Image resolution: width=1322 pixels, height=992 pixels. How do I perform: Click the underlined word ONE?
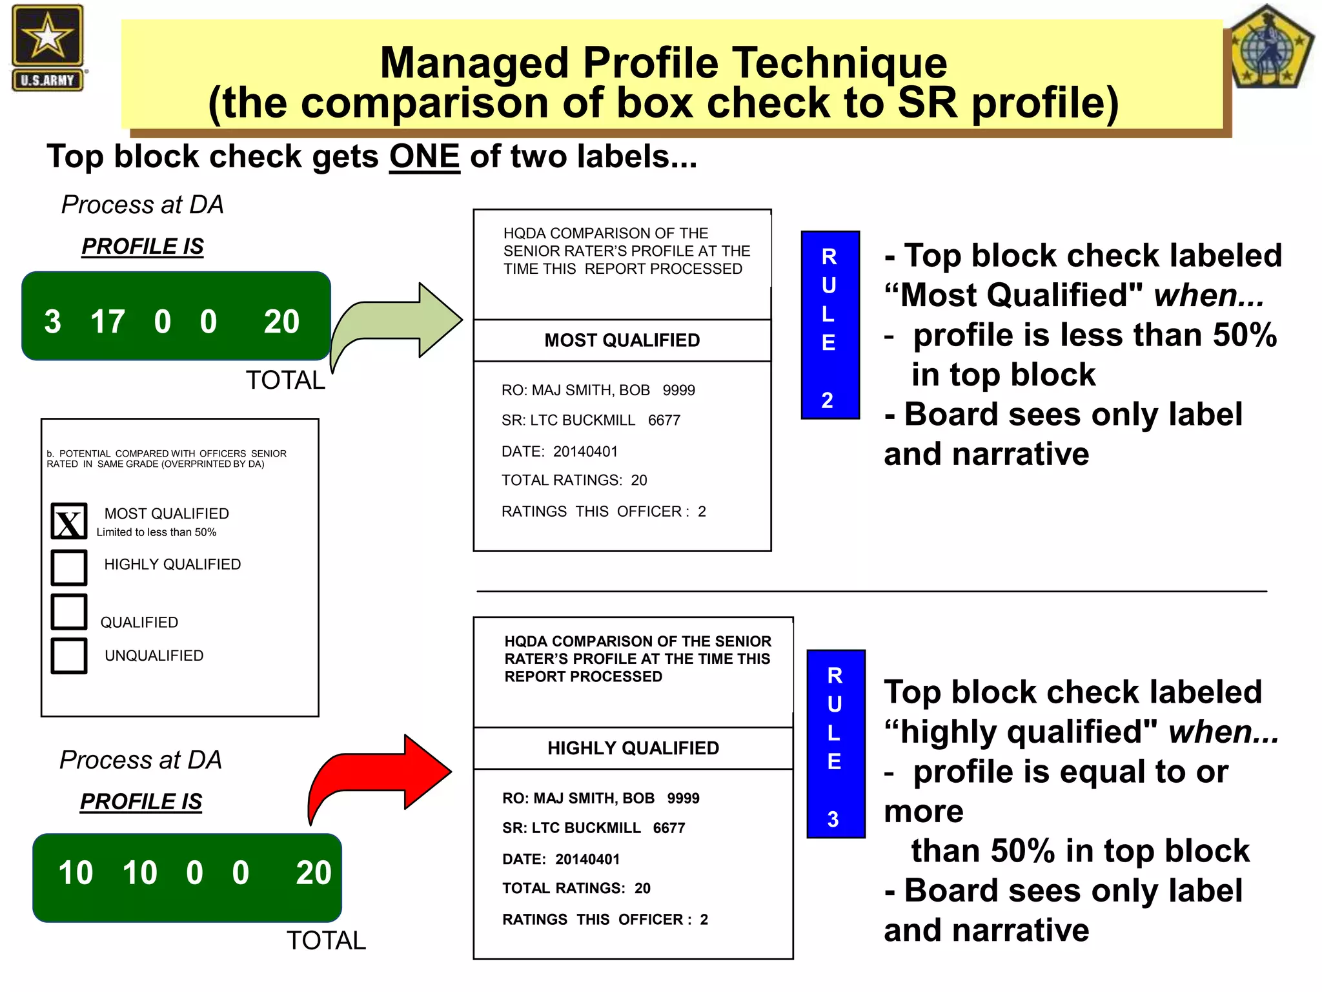(x=424, y=157)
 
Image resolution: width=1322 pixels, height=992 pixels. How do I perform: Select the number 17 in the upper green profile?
(x=107, y=322)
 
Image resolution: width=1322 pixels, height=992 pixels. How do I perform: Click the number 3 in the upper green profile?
(x=52, y=322)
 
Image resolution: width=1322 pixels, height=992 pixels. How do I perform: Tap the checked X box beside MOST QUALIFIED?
(x=69, y=521)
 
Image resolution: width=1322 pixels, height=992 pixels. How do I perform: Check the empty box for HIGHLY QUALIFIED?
(x=69, y=567)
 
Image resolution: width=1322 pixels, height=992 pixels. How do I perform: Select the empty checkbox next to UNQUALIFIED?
(x=69, y=656)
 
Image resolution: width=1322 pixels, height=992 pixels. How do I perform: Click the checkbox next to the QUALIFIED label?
(x=69, y=612)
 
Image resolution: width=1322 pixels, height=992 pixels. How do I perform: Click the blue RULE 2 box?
(x=830, y=325)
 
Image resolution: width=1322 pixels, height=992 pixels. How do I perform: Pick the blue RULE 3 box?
(x=836, y=744)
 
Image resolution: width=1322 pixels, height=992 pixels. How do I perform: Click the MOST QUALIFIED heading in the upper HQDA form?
(x=622, y=340)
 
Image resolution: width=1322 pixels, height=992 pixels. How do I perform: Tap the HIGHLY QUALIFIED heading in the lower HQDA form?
(x=633, y=748)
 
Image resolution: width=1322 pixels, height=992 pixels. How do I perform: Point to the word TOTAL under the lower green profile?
(x=326, y=940)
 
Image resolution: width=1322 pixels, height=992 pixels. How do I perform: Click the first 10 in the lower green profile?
(x=76, y=873)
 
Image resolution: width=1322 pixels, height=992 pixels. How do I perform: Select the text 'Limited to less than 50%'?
(x=156, y=532)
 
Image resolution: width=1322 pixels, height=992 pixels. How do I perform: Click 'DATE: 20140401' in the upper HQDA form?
(x=559, y=451)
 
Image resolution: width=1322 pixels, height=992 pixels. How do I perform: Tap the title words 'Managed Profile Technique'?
(x=663, y=63)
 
